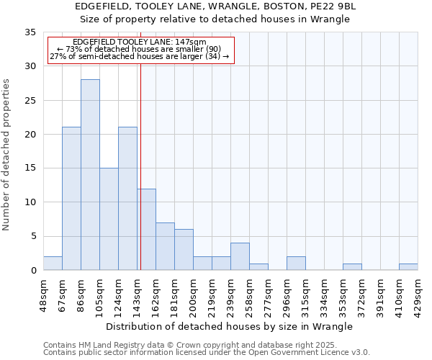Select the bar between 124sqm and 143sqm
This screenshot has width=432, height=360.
point(127,199)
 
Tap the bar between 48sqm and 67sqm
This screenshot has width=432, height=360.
point(53,264)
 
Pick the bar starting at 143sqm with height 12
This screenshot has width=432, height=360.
point(146,229)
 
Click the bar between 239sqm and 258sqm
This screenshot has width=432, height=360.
point(240,256)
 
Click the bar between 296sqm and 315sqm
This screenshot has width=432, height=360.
point(296,264)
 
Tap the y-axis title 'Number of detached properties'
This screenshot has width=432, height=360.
point(7,156)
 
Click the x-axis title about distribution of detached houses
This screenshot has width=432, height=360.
point(234,326)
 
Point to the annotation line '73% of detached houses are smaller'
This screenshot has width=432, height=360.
point(140,49)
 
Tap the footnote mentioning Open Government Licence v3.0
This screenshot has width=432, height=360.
point(207,353)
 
